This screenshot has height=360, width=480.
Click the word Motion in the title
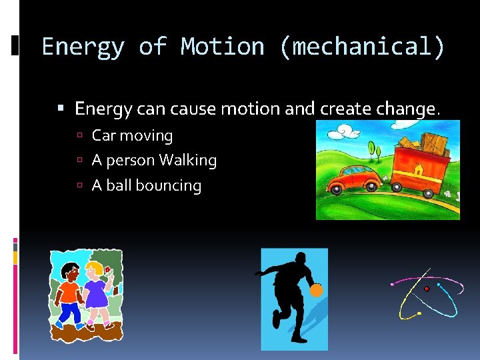pyautogui.click(x=221, y=47)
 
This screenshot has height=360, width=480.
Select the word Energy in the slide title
pyautogui.click(x=83, y=47)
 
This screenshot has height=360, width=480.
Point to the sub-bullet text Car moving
pyautogui.click(x=132, y=136)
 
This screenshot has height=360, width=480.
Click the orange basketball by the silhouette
pyautogui.click(x=316, y=290)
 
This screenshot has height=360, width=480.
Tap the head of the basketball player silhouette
pyautogui.click(x=301, y=259)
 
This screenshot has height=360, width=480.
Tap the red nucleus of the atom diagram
pyautogui.click(x=427, y=289)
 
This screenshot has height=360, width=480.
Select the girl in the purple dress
pyautogui.click(x=96, y=293)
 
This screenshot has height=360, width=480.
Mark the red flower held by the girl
pyautogui.click(x=107, y=269)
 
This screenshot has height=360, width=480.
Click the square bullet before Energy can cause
pyautogui.click(x=61, y=109)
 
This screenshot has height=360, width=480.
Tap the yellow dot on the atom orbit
pyautogui.click(x=419, y=313)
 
